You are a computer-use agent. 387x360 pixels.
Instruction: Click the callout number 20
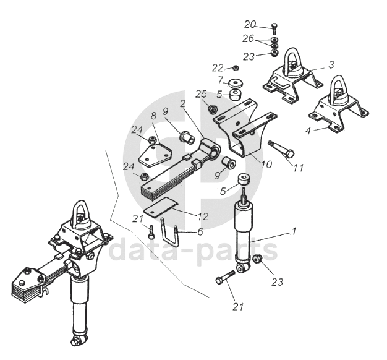(250, 25)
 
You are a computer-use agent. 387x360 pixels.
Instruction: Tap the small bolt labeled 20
(274, 28)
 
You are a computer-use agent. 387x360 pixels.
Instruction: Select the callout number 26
(248, 38)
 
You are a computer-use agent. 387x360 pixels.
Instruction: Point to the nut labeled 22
(236, 67)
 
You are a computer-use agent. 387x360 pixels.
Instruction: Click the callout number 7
(221, 80)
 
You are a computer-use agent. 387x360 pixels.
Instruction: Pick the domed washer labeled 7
(235, 84)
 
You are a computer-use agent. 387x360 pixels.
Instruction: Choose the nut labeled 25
(213, 109)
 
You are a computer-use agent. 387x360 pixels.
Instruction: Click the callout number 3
(331, 65)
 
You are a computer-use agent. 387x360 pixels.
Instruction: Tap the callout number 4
(308, 131)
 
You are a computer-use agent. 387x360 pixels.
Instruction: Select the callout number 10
(266, 164)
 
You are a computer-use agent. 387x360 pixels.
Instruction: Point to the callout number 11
(298, 168)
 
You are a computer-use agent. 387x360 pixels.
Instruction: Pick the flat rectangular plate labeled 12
(161, 207)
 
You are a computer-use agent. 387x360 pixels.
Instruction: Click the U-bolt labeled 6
(169, 232)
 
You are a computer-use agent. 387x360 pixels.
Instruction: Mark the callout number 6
(200, 231)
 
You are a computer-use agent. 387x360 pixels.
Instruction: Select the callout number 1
(294, 231)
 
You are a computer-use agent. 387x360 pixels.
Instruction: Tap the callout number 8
(153, 115)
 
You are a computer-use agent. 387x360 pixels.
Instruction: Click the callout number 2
(182, 104)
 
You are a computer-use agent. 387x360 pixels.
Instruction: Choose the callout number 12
(203, 216)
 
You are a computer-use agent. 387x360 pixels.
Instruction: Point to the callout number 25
(201, 94)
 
